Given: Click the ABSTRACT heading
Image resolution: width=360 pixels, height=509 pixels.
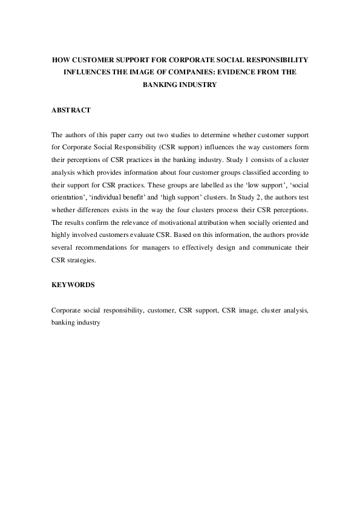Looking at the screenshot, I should (x=71, y=110).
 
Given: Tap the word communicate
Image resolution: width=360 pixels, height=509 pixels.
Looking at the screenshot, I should (x=273, y=231).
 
